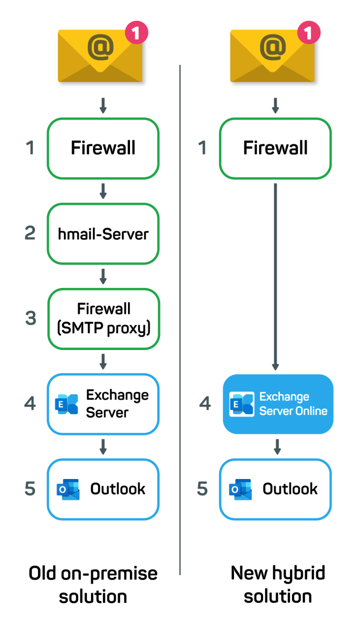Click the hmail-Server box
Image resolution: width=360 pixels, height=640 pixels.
103,234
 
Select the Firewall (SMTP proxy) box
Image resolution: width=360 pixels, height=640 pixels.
103,319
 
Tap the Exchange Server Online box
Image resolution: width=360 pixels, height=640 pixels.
278,404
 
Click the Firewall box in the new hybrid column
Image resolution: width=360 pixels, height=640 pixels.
275,148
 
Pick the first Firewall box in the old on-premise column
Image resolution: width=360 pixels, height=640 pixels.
103,148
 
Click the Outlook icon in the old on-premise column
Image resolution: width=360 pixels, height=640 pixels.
67,489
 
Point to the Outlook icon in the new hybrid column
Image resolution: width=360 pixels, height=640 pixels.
240,489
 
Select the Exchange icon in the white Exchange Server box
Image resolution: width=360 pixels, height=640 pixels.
66,404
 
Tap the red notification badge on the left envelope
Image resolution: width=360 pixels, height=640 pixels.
136,33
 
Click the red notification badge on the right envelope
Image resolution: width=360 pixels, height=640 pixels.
309,33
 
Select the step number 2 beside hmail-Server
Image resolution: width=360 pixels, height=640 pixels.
30,233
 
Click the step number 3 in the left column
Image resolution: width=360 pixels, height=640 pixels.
31,318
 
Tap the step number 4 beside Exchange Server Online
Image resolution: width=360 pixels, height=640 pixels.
205,404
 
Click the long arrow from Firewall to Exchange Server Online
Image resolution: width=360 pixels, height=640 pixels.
275,276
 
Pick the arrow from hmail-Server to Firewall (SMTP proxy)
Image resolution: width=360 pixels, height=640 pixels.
103,277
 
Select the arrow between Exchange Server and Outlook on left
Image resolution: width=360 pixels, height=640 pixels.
103,447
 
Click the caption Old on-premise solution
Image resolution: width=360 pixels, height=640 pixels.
93,584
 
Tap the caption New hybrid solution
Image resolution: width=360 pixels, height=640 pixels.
278,584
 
